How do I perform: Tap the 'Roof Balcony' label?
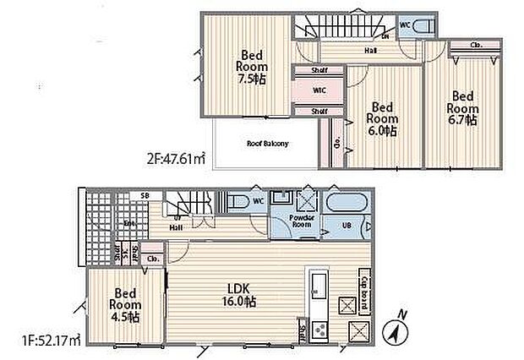coord(267,144)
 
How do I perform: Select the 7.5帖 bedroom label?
coord(251,64)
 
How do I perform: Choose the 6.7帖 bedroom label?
coord(462,108)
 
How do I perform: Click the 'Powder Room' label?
coord(302,221)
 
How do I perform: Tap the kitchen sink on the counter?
coord(319,285)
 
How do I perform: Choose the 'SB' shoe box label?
coord(145,196)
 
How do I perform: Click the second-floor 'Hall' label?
coord(370,51)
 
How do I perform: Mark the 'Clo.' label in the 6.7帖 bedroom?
coord(477,44)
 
